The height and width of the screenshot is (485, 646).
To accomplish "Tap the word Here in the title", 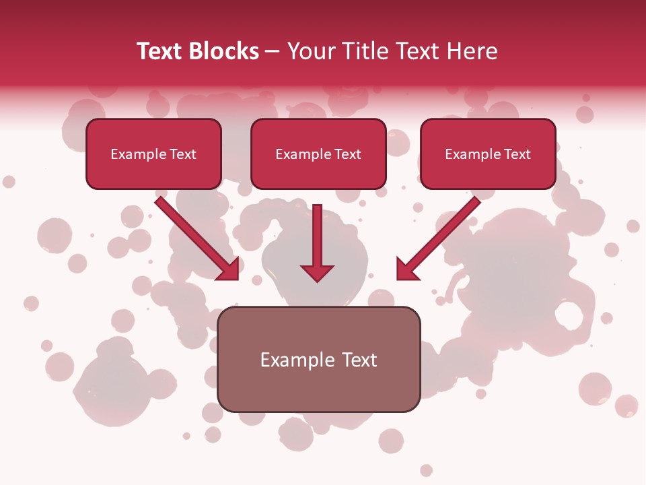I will (x=472, y=51).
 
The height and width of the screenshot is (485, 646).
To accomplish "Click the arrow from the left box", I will (x=195, y=236).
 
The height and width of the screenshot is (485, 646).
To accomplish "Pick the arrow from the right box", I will (x=441, y=236).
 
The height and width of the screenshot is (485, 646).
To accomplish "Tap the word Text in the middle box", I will (x=348, y=154).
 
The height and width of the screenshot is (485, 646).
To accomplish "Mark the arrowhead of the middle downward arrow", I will (x=318, y=272).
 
